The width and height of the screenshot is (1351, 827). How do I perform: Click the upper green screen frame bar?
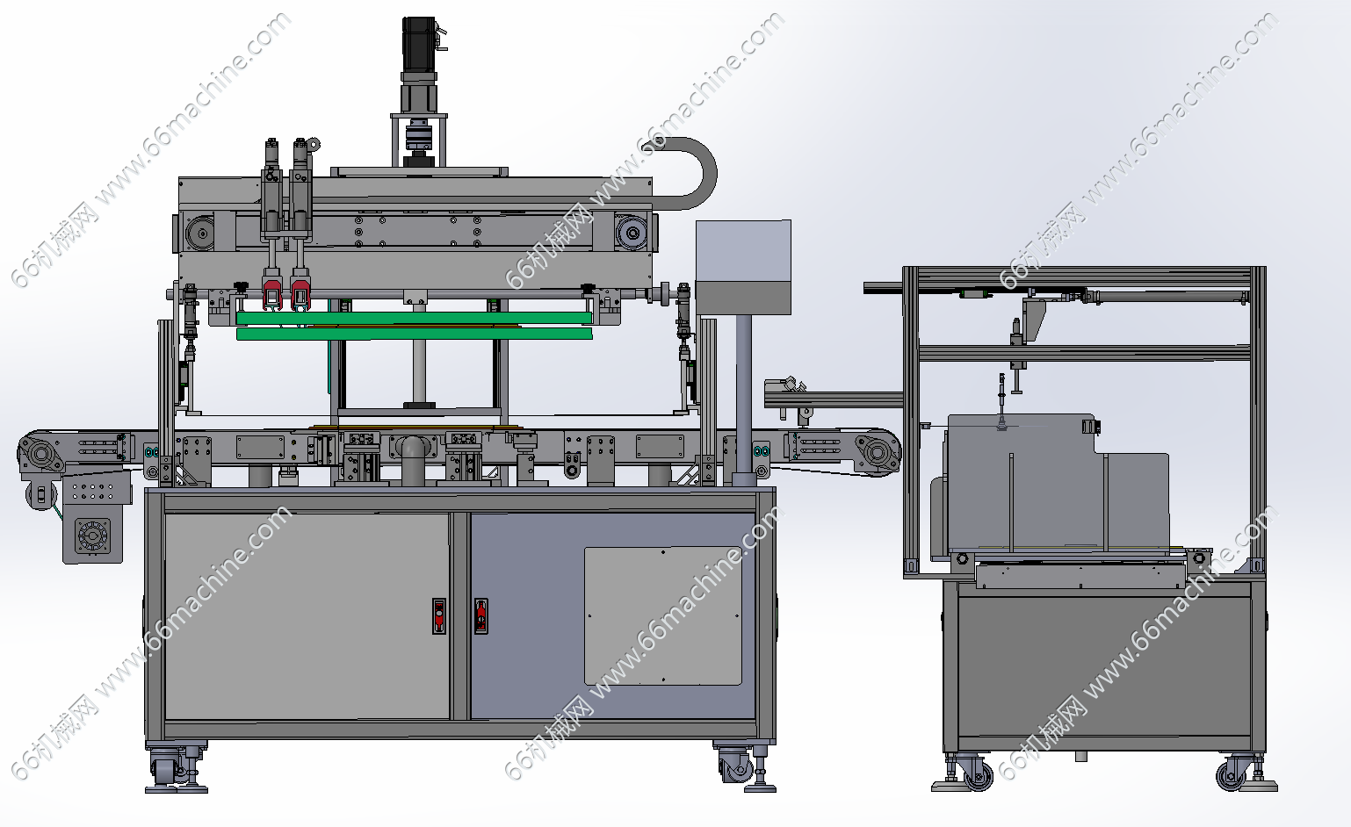[x=414, y=318]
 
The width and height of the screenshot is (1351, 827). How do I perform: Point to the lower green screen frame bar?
[x=414, y=334]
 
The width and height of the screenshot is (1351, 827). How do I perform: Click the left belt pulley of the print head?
[x=200, y=233]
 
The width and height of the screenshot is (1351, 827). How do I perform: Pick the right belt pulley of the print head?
[x=631, y=232]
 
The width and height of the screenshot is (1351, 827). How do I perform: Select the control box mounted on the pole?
[x=743, y=267]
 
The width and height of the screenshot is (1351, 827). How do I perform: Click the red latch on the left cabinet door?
[x=439, y=615]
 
